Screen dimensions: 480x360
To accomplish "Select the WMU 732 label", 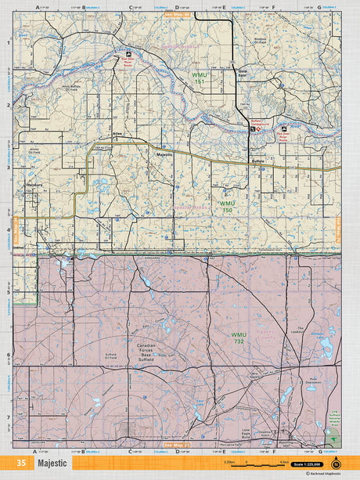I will pos(238,337).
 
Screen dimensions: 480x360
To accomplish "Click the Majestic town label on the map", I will pos(164,156).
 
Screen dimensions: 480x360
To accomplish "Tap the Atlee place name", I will pos(118,133).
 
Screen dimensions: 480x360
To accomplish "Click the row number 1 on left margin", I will pos(8,44).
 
